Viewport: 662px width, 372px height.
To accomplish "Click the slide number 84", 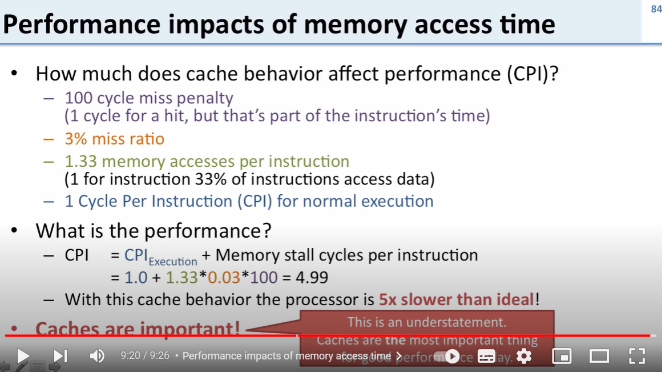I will pyautogui.click(x=655, y=9).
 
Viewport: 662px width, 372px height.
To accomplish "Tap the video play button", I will pyautogui.click(x=23, y=356).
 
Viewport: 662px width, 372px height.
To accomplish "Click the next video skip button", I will pyautogui.click(x=60, y=356).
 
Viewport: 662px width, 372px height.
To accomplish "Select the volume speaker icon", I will pyautogui.click(x=97, y=356).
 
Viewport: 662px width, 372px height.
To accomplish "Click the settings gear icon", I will pyautogui.click(x=523, y=356).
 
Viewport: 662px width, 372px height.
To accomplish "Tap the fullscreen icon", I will pyautogui.click(x=637, y=356).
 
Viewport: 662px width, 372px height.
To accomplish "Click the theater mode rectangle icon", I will pyautogui.click(x=599, y=356).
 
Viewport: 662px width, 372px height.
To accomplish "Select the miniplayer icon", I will pyautogui.click(x=562, y=356).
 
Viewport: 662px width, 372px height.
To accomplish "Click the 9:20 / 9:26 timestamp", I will pyautogui.click(x=145, y=356).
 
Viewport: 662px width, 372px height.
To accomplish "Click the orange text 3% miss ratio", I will pyautogui.click(x=114, y=139).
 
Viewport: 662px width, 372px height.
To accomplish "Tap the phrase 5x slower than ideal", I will pyautogui.click(x=457, y=299).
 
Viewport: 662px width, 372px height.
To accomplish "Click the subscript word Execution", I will pyautogui.click(x=173, y=261).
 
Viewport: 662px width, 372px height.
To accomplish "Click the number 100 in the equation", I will pyautogui.click(x=263, y=278).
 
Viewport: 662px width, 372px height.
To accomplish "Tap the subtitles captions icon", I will pyautogui.click(x=486, y=356).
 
